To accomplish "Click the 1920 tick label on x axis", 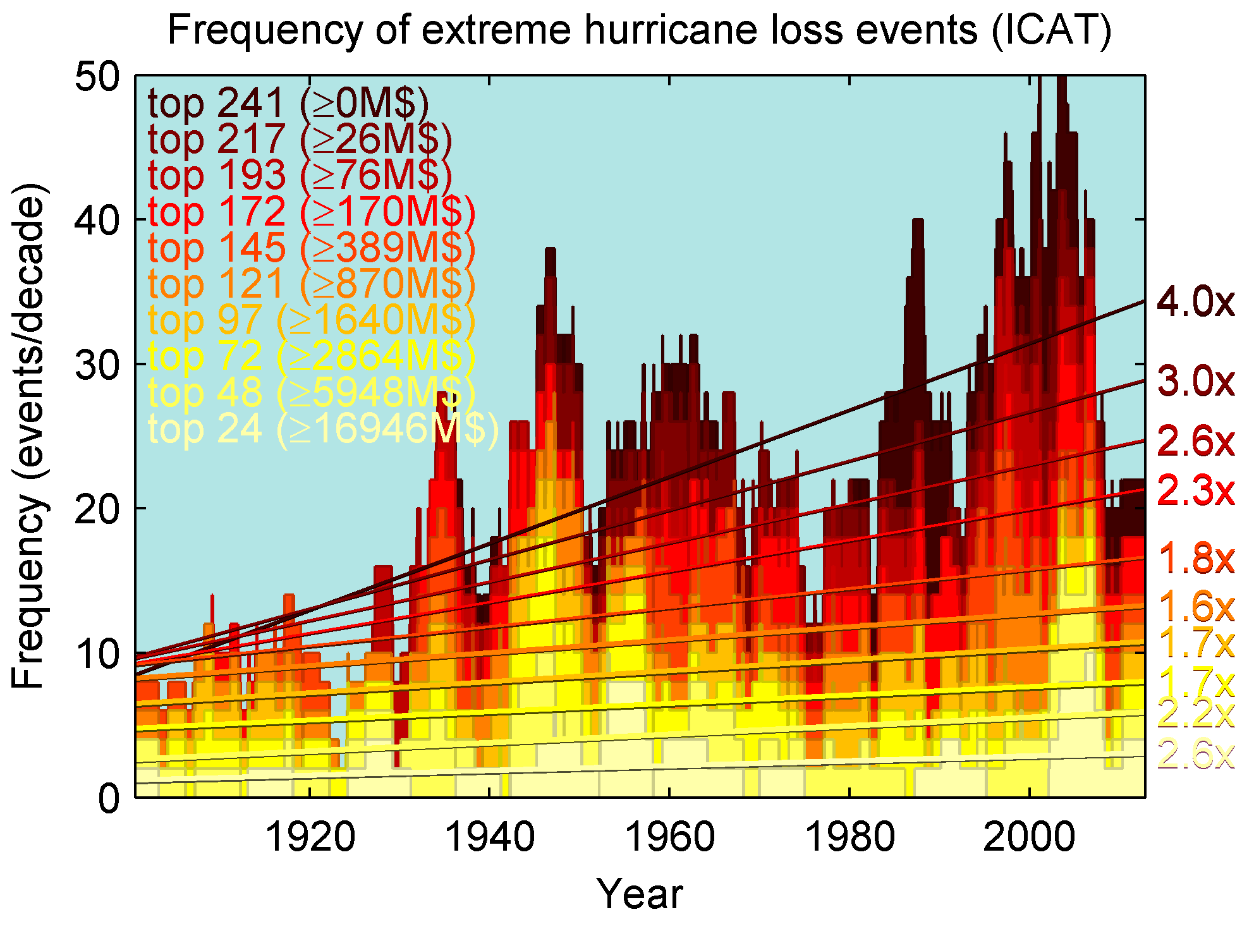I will pos(310,837).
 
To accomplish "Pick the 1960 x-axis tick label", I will pos(669,837).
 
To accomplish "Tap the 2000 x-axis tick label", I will pos(1029,837).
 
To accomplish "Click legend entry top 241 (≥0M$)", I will pos(288,103).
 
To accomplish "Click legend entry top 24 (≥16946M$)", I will pos(323,429).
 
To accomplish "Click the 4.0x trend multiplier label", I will pos(1195,301).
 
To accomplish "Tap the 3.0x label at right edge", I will pos(1195,381).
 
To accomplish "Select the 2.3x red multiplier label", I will pos(1195,490).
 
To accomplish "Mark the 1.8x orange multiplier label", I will pos(1195,559).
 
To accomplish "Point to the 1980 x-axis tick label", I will pos(849,837).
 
